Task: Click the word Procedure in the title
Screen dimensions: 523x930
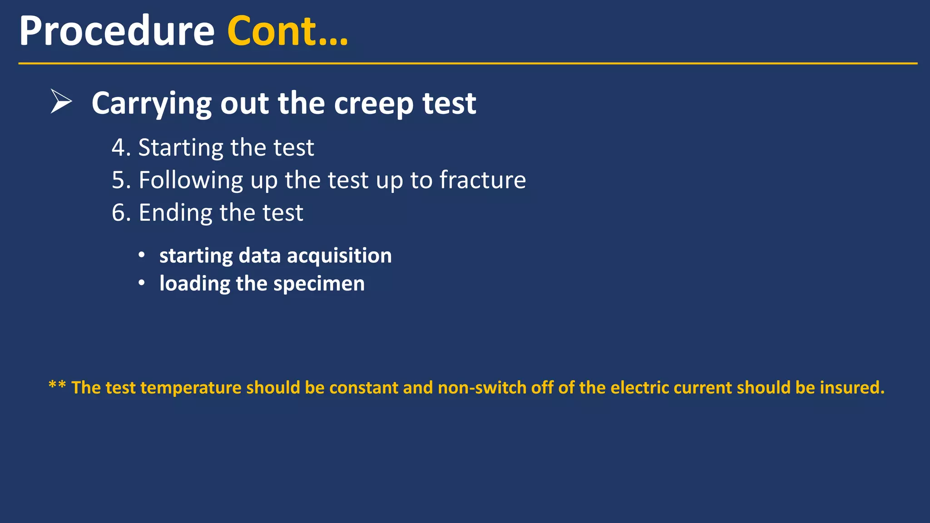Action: pos(117,32)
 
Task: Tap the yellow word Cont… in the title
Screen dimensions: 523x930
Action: pos(287,32)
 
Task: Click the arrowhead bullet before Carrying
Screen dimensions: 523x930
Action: pos(61,101)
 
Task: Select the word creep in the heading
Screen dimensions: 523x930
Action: pos(373,104)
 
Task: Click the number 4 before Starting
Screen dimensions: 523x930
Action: pos(119,148)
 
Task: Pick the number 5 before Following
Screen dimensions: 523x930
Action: pos(119,180)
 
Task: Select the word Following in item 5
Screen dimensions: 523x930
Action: pos(191,181)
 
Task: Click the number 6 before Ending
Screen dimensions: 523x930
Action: pos(119,212)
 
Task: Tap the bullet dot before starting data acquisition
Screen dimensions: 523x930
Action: pos(142,255)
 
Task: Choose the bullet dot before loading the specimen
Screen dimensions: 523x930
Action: pos(142,283)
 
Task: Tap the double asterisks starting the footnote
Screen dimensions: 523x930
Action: pos(57,386)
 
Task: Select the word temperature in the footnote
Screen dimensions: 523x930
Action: pos(191,388)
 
